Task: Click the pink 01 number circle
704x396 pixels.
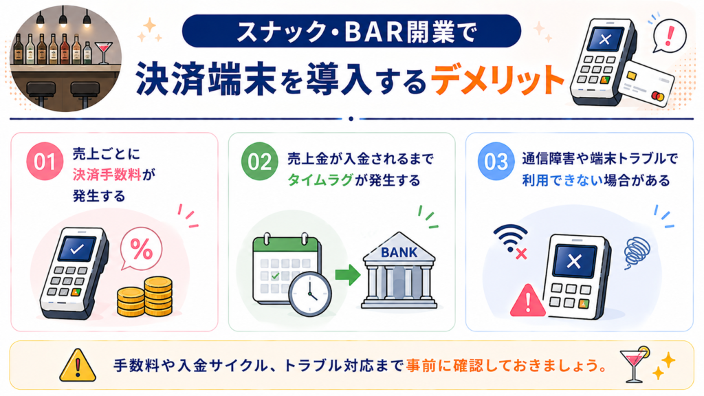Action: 45,161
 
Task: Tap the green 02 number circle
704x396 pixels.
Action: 259,161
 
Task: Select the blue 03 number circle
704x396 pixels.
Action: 496,161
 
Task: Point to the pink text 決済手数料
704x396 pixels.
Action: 107,175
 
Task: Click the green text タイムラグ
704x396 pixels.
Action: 320,180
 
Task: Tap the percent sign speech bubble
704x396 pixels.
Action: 141,249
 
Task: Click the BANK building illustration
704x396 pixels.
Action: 399,270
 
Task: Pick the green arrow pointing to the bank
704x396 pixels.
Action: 347,274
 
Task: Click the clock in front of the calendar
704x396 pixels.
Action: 310,294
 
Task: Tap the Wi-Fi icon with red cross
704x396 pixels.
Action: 511,241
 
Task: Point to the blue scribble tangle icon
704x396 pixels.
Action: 637,253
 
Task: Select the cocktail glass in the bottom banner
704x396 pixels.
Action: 634,364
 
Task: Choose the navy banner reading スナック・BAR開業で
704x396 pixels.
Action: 351,31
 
